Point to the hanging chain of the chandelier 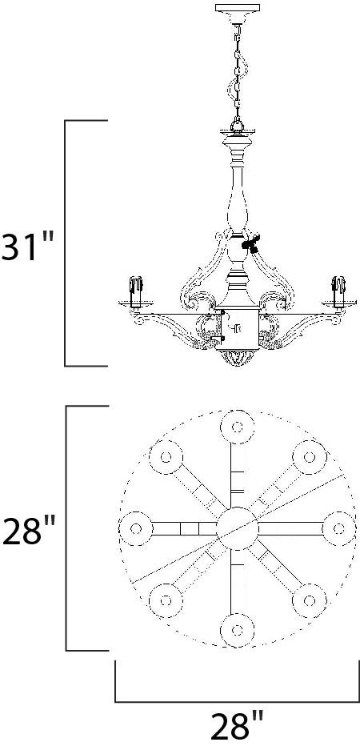[237, 70]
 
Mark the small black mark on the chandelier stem [252, 242]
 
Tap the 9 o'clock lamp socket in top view [134, 527]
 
